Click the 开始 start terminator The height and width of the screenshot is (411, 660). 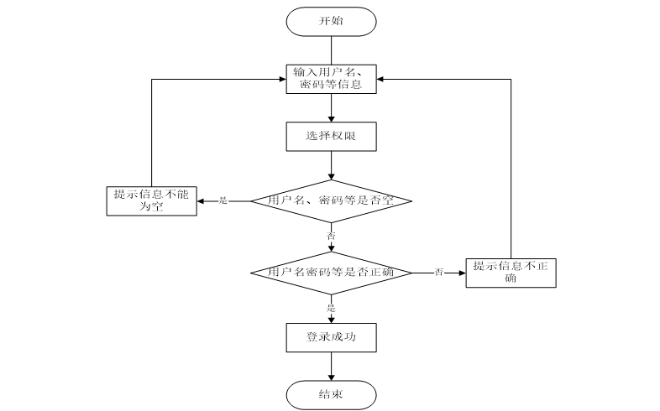pyautogui.click(x=331, y=21)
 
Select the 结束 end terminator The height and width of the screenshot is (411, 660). pyautogui.click(x=331, y=393)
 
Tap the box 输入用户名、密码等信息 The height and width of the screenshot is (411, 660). pyautogui.click(x=331, y=79)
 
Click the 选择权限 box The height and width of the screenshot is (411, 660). pyautogui.click(x=331, y=135)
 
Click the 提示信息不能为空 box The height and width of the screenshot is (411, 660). pyautogui.click(x=151, y=200)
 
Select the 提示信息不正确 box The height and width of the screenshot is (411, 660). pyautogui.click(x=510, y=273)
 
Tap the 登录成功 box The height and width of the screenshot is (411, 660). pyautogui.click(x=331, y=337)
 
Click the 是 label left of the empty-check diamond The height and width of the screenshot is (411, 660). pyautogui.click(x=223, y=201)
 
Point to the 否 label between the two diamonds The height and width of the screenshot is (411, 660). pyautogui.click(x=331, y=237)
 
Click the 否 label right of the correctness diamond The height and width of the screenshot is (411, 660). pyautogui.click(x=438, y=273)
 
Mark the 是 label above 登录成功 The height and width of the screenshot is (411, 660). pyautogui.click(x=331, y=308)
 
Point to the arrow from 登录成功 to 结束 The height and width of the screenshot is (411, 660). pyautogui.click(x=331, y=366)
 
